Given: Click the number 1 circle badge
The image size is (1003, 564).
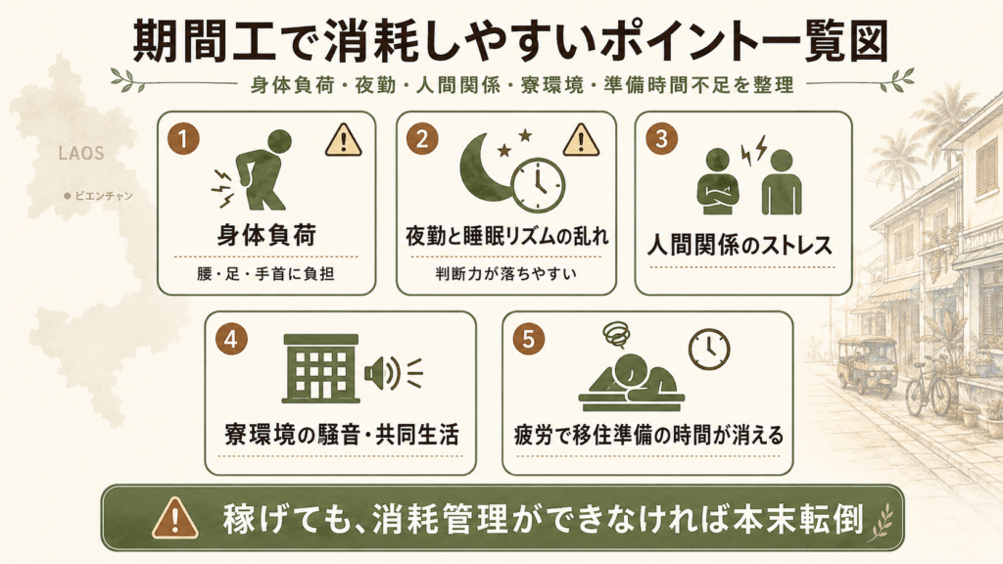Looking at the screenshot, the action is (x=183, y=139).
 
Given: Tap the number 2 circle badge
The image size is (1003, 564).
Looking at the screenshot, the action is (x=422, y=139).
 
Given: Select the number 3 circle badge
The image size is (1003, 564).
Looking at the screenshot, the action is (x=661, y=139).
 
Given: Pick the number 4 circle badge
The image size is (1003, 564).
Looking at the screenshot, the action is (x=231, y=339).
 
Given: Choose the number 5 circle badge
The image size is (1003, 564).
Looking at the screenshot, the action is (x=528, y=339).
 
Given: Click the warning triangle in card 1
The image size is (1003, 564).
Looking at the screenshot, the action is (x=344, y=141).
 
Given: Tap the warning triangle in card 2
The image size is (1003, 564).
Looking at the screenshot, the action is (x=581, y=141).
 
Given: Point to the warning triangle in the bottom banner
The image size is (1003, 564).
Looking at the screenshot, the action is (x=174, y=518).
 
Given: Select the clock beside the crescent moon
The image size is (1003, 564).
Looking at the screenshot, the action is (x=538, y=185).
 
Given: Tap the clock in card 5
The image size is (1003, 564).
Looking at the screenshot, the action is (x=709, y=350).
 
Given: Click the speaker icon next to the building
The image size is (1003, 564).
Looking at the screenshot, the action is (x=393, y=373).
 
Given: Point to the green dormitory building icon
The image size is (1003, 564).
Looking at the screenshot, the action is (x=320, y=368).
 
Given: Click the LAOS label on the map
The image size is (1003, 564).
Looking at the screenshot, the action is (x=81, y=154).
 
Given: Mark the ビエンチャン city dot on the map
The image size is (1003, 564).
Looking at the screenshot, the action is (x=68, y=196).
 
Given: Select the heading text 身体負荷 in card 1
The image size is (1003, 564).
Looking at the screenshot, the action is (x=266, y=235).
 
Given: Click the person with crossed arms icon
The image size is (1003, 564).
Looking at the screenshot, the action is (x=718, y=182).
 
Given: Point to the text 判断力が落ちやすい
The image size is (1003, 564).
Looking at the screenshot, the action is (x=506, y=274).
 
